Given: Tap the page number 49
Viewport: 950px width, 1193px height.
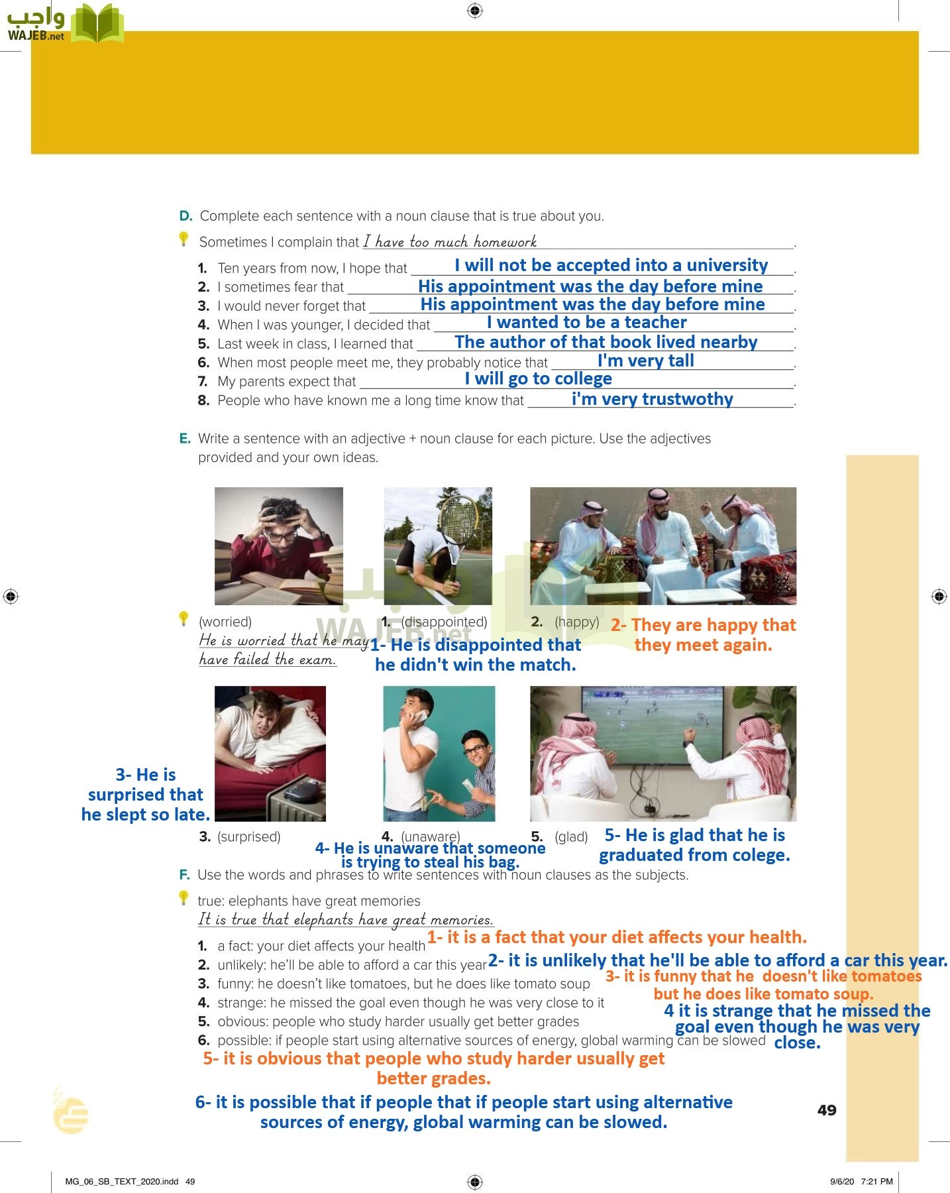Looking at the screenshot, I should point(827,1110).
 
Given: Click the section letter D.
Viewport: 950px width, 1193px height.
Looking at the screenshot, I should point(185,216).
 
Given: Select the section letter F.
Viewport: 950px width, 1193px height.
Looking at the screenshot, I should point(184,875).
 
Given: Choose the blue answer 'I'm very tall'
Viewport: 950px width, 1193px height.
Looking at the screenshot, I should point(645,361).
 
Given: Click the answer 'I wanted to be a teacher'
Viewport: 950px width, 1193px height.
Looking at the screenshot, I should point(586,323).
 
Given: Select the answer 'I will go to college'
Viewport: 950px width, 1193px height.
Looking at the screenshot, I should point(538,378).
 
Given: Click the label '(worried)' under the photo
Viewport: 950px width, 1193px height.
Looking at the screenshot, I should point(225,622).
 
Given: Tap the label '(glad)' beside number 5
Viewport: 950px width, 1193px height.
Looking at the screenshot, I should point(571,836).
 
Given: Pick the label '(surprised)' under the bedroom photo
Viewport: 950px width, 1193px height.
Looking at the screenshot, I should point(248,836).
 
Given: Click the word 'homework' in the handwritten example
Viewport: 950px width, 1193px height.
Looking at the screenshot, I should point(505,242).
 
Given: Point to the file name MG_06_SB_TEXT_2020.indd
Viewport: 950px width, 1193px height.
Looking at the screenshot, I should point(122,1181).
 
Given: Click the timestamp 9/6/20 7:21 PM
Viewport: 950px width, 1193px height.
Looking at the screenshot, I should point(861,1181).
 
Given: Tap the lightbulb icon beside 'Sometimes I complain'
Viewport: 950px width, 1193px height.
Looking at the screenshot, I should point(184,239).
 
